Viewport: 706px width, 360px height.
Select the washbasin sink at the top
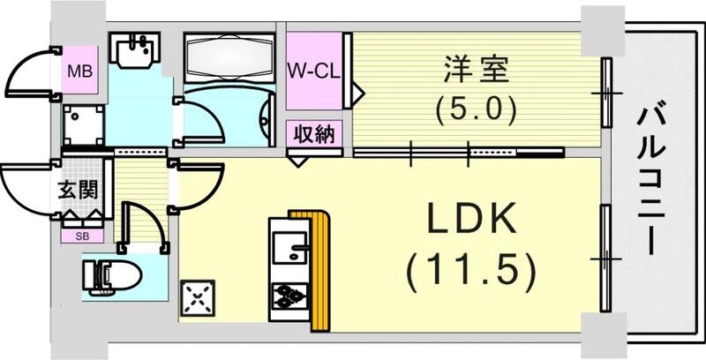134,49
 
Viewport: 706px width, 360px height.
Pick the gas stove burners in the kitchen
289,296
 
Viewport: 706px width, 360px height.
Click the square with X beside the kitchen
199,297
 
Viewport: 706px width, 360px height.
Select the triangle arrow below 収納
298,160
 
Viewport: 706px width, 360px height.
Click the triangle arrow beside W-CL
358,92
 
